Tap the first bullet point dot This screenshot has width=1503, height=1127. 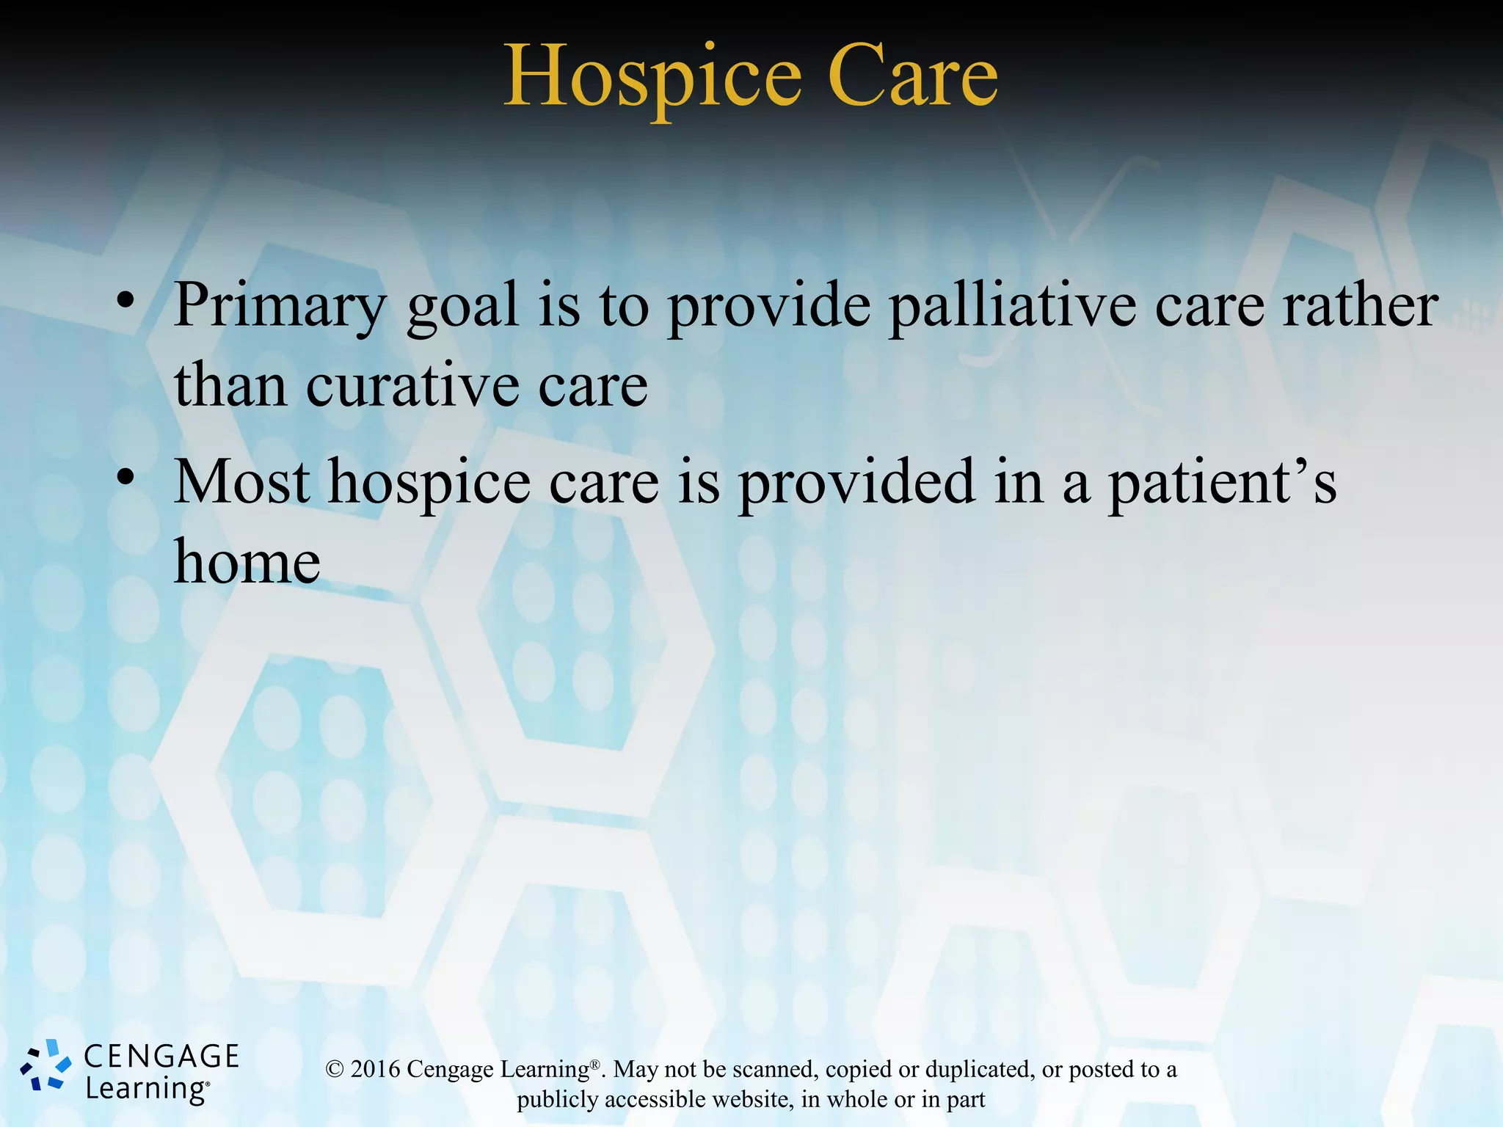point(125,300)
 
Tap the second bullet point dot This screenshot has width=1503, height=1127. point(125,477)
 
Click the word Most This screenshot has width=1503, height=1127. point(241,482)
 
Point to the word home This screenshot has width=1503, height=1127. point(247,562)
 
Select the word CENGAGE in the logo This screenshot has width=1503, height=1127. point(161,1057)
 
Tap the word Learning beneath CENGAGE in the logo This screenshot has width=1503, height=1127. point(146,1089)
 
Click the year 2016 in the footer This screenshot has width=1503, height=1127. point(375,1069)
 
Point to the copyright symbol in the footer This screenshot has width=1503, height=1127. point(334,1070)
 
